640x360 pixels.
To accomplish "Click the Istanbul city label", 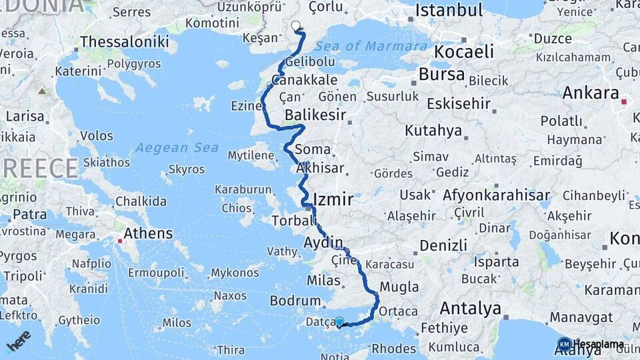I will (x=449, y=11).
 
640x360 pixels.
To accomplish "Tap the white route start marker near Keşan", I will (x=296, y=25).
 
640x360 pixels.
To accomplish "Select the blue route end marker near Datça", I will (x=339, y=321).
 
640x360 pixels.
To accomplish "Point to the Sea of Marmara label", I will (x=371, y=46).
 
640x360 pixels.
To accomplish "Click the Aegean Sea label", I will (x=177, y=147).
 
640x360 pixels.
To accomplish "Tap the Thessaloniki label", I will (x=124, y=42).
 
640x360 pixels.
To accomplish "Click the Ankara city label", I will (x=591, y=93).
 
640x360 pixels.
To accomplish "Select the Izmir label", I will (x=333, y=200).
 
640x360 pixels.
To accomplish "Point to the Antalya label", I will (x=470, y=309).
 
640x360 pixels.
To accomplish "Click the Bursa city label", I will (x=442, y=74).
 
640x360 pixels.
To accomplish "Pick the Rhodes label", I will (x=393, y=349).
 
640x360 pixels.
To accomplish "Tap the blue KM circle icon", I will (x=565, y=345).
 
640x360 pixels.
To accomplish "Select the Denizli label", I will (x=444, y=245).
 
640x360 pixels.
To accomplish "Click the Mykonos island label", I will (x=235, y=273).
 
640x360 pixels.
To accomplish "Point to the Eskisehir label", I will (x=459, y=104).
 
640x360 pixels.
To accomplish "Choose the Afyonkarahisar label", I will (x=497, y=196).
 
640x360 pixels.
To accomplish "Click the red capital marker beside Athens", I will (x=119, y=240).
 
